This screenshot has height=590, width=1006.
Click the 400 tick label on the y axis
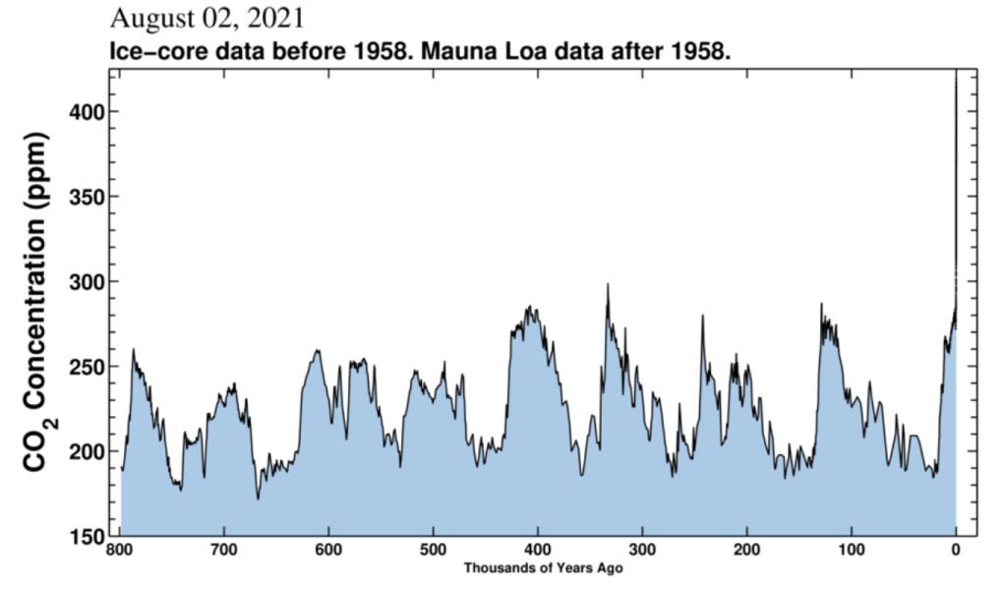coord(86,112)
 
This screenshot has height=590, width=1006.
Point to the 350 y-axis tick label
coord(86,197)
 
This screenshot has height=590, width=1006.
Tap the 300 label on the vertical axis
coord(86,281)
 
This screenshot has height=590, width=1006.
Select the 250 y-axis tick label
coord(86,367)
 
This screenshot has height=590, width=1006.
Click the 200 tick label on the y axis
coord(86,451)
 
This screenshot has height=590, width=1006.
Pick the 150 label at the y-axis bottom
coord(86,537)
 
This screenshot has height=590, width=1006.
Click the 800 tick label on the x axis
coord(120,550)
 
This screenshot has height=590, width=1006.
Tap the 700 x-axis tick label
coord(224,550)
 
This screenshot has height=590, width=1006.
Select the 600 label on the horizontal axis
coord(328,550)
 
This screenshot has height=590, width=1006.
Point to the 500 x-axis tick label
coord(433,550)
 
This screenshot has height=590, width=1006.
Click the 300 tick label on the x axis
coord(642,550)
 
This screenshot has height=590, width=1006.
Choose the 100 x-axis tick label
coord(852,550)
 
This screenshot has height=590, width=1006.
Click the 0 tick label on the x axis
coord(956,550)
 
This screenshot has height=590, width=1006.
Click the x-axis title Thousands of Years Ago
coord(543,567)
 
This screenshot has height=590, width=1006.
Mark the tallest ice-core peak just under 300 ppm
coord(608,284)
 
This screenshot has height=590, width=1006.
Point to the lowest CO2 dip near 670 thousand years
coord(259,499)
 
